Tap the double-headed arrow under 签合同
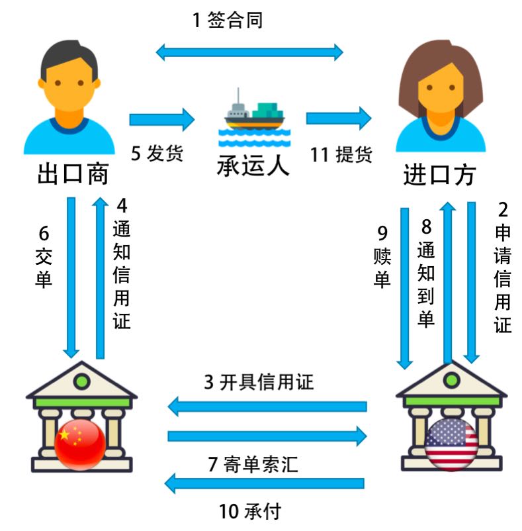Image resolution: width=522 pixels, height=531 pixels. coord(249,52)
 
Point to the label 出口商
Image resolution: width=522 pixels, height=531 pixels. coord(73,175)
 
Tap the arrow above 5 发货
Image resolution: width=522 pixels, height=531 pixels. coord(162,120)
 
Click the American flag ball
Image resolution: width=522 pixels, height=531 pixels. coord(451,444)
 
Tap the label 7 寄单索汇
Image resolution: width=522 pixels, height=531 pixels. coord(253,465)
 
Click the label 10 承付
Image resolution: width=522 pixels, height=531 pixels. coord(250,511)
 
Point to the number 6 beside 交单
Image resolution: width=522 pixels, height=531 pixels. coord(44,233)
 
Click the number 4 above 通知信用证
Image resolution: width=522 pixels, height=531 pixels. coord(122,205)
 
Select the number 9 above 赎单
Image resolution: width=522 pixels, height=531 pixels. coord(382,233)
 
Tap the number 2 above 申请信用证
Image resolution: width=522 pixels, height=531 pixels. coord(503,211)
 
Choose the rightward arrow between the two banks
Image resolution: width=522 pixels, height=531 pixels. coord(267,436)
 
